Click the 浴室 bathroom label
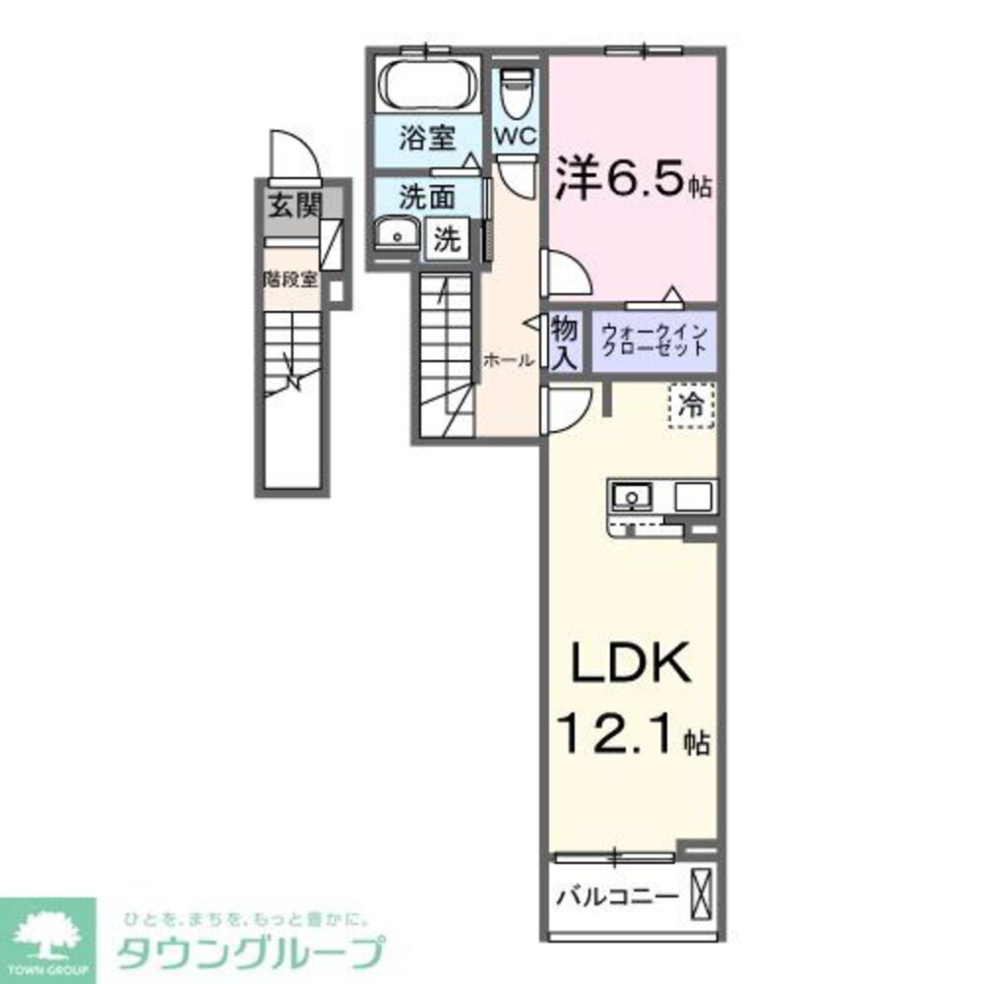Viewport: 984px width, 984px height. [426, 138]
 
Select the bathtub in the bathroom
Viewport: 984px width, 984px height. [426, 85]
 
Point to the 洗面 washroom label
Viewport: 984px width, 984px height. [426, 197]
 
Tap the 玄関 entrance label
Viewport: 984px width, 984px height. [295, 207]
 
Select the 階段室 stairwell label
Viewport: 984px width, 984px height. [291, 278]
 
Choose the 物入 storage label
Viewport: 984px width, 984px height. [564, 341]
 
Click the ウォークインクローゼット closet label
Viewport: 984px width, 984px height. [653, 340]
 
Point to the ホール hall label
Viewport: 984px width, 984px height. [508, 360]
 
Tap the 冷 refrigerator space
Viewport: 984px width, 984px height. [693, 405]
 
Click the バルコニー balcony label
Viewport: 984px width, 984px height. [617, 897]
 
